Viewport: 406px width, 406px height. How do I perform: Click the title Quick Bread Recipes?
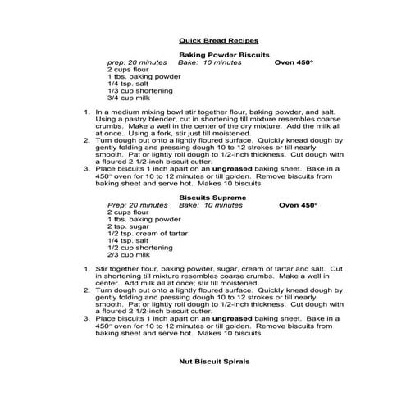(218, 40)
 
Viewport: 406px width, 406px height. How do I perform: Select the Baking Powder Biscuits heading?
(219, 54)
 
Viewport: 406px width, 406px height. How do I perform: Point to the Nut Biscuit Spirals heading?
(213, 361)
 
